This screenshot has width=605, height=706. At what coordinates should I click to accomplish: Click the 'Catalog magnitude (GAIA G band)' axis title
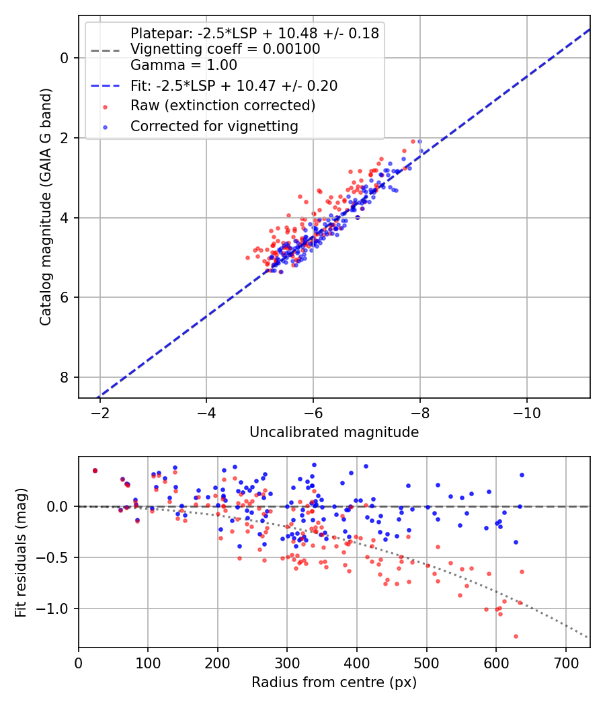[x=46, y=206]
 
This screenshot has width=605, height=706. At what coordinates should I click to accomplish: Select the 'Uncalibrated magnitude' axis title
[x=334, y=432]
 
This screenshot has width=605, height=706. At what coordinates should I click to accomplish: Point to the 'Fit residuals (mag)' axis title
[x=21, y=553]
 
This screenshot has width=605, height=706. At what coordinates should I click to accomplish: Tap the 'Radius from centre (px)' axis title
[x=334, y=682]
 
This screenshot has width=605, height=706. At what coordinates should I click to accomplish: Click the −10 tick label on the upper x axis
[x=526, y=413]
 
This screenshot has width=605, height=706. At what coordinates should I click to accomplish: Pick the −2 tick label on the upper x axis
[x=99, y=413]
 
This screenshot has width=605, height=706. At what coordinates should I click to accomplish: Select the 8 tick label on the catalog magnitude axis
[x=65, y=377]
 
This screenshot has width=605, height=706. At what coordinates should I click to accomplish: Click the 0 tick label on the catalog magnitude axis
[x=65, y=58]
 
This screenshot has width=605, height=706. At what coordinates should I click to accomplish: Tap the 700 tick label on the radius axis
[x=565, y=663]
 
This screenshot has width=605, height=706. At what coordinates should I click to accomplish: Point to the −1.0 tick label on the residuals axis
[x=52, y=609]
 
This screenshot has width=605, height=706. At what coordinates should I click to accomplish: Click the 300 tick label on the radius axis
[x=287, y=663]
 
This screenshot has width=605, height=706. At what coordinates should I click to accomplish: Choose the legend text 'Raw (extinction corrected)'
[x=223, y=106]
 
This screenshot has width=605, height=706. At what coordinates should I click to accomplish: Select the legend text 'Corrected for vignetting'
[x=214, y=126]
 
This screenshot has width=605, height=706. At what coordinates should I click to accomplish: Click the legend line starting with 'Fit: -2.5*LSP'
[x=234, y=85]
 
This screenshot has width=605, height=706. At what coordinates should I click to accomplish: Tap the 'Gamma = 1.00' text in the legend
[x=184, y=65]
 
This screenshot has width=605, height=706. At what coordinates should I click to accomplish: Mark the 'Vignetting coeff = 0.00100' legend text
[x=225, y=48]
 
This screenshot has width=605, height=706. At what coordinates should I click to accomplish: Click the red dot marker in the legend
[x=106, y=107]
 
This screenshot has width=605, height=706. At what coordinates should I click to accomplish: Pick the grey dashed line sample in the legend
[x=106, y=50]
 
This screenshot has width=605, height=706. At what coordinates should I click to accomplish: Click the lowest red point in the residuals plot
[x=516, y=636]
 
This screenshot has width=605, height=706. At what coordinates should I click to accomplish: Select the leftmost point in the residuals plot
[x=95, y=471]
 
